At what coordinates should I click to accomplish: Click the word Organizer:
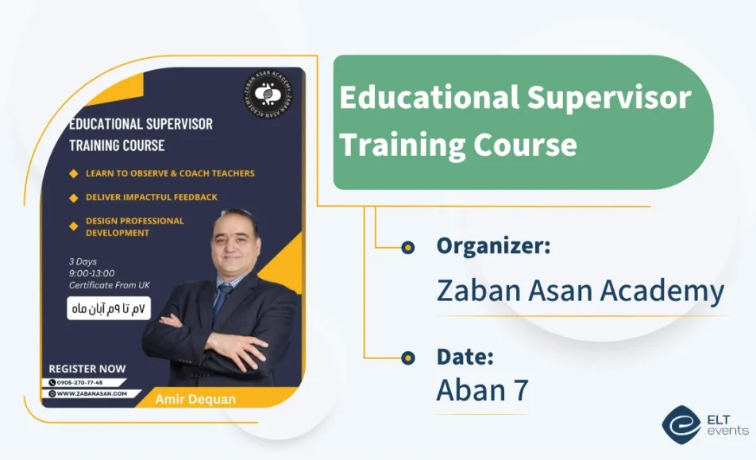[493, 246]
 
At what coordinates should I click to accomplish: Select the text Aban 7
[482, 390]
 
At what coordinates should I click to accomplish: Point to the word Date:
[465, 357]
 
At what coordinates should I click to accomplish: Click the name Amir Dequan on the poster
[195, 399]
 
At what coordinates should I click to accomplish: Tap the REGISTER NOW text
[87, 369]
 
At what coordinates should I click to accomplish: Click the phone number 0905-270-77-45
[80, 382]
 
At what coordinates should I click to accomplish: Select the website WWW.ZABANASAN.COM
[91, 393]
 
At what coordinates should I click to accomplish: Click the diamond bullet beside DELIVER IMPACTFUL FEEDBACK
[74, 197]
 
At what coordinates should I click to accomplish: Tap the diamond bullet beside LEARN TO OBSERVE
[74, 173]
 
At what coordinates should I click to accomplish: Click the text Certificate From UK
[109, 285]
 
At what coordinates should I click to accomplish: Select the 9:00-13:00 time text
[92, 273]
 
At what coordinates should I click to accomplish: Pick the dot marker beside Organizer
[408, 247]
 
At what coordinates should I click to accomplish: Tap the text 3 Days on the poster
[83, 261]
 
